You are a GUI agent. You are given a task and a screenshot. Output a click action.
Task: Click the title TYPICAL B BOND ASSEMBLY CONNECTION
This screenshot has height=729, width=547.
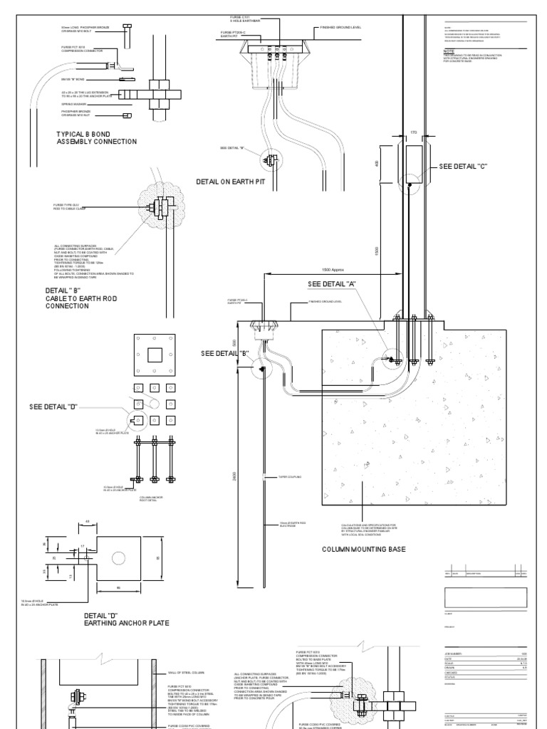[x=97, y=137]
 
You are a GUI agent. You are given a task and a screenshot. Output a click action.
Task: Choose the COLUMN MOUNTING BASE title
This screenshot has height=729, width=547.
[x=363, y=550]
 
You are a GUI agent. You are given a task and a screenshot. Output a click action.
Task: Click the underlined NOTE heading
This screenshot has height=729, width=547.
[x=448, y=52]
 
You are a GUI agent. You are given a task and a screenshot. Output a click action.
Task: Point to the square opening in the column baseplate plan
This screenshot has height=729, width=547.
[x=154, y=355]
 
